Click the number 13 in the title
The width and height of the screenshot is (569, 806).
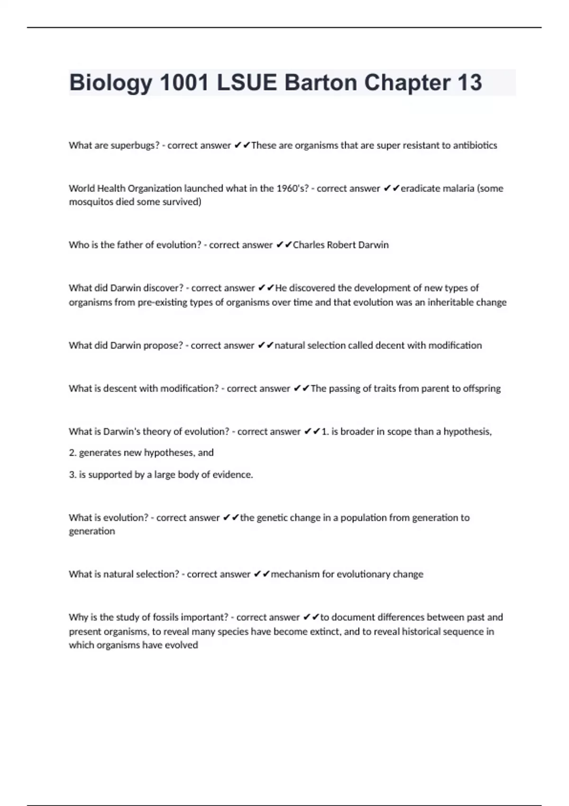click(470, 82)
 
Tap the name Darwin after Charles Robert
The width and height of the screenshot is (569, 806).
click(373, 245)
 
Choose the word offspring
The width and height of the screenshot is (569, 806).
click(482, 388)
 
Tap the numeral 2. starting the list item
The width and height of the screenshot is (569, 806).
click(73, 453)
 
